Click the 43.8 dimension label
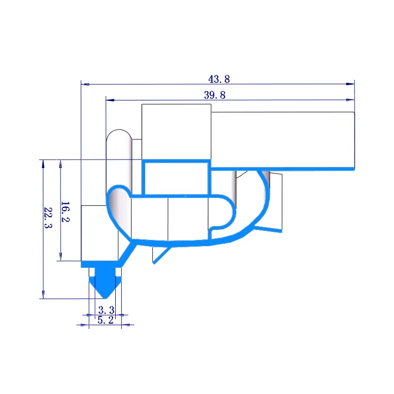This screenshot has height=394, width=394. [x=219, y=79]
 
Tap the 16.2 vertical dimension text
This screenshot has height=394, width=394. [x=65, y=211]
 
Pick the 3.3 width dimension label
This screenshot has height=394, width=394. [x=106, y=310]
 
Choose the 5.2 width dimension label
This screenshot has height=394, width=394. [x=106, y=320]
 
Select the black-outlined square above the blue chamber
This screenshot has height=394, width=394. [x=176, y=131]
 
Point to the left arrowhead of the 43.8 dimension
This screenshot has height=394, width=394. [x=84, y=84]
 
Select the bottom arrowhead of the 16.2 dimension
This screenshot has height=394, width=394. [x=60, y=257]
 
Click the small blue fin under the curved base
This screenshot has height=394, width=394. [x=160, y=254]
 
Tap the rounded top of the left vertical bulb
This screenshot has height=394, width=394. [x=119, y=134]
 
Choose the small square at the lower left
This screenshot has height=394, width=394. [x=99, y=233]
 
